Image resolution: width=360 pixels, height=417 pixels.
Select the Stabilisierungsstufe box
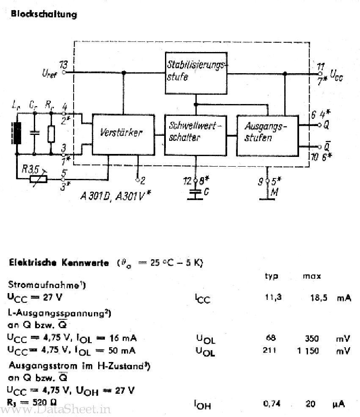(195, 73)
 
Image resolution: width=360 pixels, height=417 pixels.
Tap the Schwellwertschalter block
(195, 134)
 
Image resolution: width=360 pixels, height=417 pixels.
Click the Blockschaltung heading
(44, 14)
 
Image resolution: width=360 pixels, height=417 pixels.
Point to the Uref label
(49, 74)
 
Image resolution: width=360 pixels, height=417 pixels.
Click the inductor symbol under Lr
(17, 133)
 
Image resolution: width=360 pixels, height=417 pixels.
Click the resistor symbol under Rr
(51, 134)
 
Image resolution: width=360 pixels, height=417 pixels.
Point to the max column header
(312, 276)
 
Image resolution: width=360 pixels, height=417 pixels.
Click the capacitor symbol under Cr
(34, 133)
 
